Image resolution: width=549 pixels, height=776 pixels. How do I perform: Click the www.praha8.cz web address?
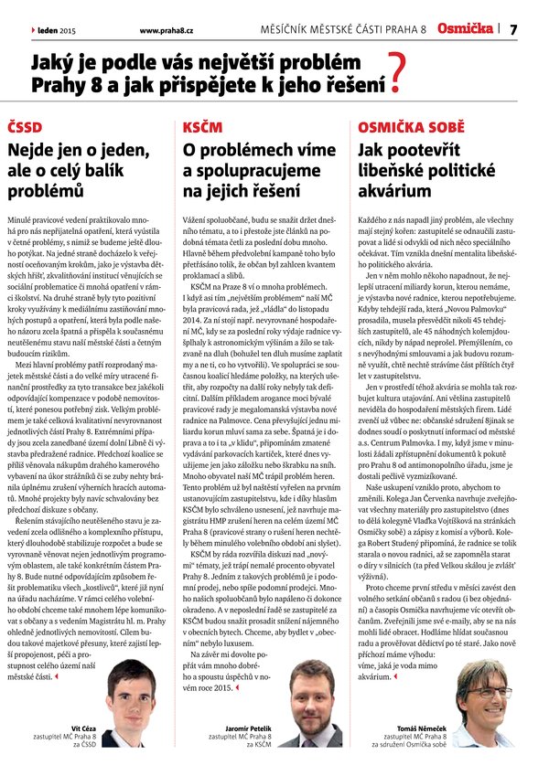pyautogui.click(x=166, y=29)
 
